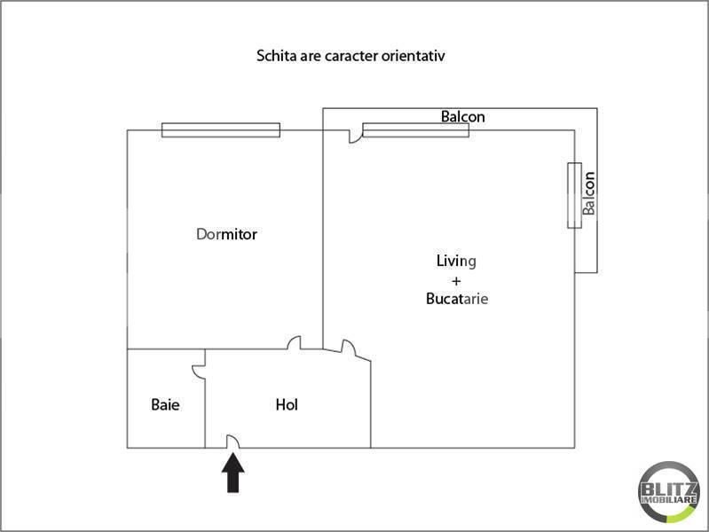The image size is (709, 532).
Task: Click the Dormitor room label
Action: (226, 235)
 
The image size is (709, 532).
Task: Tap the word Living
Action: (456, 262)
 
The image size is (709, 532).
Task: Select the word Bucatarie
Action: (457, 300)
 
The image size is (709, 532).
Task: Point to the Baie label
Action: (165, 405)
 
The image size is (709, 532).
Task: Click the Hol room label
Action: (287, 405)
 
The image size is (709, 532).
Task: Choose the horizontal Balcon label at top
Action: (463, 117)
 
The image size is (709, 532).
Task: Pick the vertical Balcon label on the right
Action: (588, 192)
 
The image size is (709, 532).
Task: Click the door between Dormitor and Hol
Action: (295, 343)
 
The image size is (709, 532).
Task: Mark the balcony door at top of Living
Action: (355, 137)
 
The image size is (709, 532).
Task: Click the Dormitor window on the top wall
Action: (221, 130)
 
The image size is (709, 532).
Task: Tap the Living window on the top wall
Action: (415, 130)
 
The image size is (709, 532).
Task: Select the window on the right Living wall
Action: (574, 195)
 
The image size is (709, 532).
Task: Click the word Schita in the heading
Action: (276, 55)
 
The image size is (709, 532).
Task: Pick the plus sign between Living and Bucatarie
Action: (456, 280)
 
